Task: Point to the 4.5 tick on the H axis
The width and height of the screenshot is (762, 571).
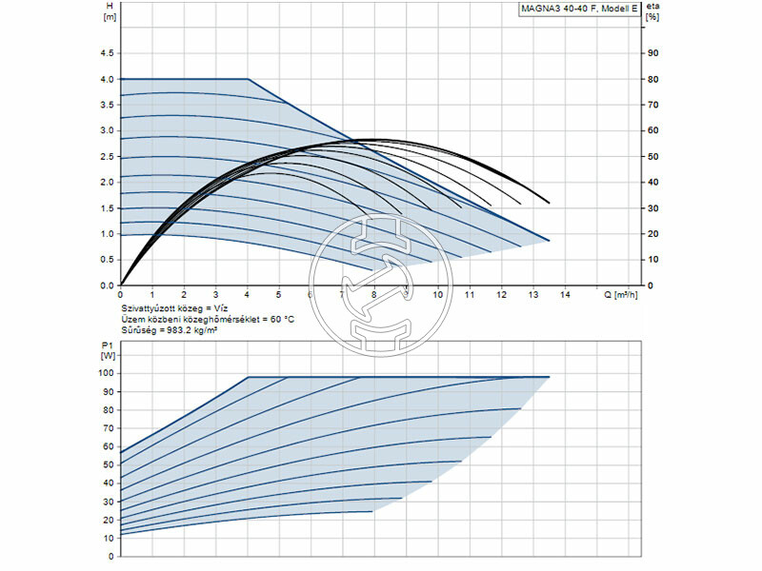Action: coord(107,53)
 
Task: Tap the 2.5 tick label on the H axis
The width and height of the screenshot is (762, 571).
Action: coord(107,156)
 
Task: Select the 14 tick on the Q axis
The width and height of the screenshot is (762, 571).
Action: coord(566,294)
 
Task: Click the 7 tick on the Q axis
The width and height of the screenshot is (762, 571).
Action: coord(343,294)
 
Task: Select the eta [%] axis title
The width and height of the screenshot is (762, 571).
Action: coord(652,11)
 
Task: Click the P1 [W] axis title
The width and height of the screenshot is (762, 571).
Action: coord(107,349)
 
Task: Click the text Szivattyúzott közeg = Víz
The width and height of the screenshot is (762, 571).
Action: coord(172,309)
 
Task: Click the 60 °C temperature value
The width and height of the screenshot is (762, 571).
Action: coord(279,320)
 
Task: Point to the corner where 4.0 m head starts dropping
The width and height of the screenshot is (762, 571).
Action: coord(248,79)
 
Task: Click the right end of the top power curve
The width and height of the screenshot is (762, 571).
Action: coord(550,378)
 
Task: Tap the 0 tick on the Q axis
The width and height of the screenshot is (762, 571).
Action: coord(121,294)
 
